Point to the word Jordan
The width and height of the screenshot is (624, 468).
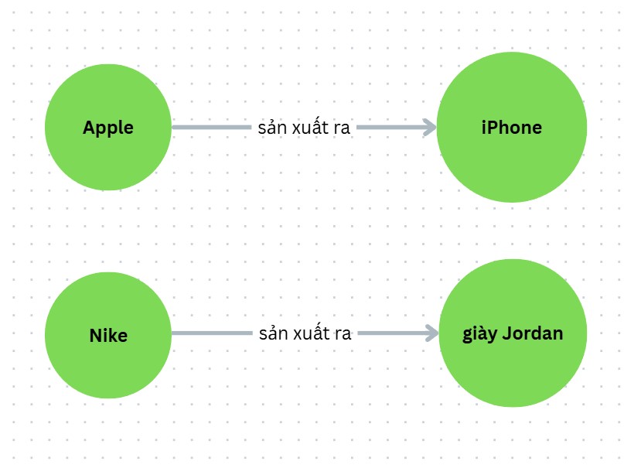click(x=533, y=334)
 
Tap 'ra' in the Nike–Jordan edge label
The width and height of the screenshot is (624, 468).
click(x=343, y=334)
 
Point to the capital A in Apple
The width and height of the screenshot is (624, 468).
click(x=89, y=128)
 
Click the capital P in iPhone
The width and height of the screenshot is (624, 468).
click(x=493, y=127)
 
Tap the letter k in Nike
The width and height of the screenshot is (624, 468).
click(x=113, y=336)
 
